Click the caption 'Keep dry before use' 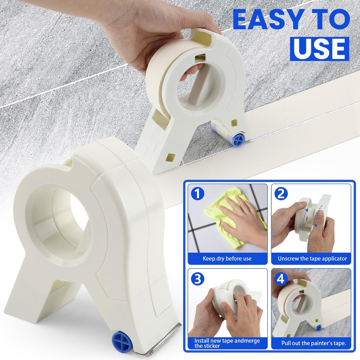pos(227,259)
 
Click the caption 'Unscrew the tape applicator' pos(312,259)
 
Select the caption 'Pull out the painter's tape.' pos(314,343)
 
